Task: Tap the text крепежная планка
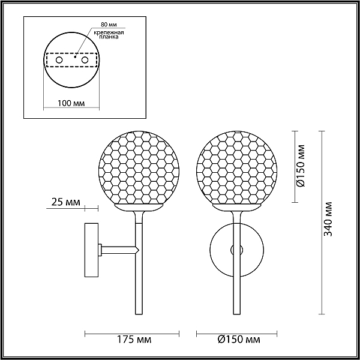(x=109, y=35)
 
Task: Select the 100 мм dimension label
(x=71, y=103)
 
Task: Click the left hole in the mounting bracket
(x=59, y=60)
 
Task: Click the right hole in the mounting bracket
(x=85, y=60)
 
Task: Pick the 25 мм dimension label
(x=66, y=202)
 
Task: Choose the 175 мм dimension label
(x=134, y=340)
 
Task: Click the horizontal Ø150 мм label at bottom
(x=239, y=340)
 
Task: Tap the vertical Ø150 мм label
(x=301, y=166)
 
